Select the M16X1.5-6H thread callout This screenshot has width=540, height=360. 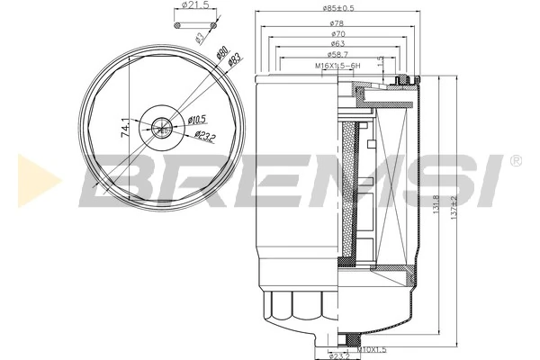pyautogui.click(x=338, y=65)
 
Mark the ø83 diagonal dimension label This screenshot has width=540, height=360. pyautogui.click(x=233, y=60)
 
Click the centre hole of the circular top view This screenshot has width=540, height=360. pyautogui.click(x=163, y=128)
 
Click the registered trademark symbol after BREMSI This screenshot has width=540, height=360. pyautogui.click(x=514, y=159)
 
